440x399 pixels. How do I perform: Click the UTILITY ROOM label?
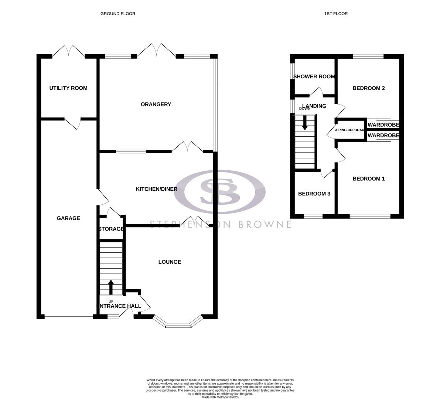pos(68,88)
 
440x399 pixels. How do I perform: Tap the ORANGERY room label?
pos(156,104)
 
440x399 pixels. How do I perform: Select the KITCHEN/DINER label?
pos(157,189)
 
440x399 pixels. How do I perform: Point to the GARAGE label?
pos(68,218)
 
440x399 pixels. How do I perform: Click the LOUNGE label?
pos(170,262)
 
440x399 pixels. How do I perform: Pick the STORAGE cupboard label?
pos(111,229)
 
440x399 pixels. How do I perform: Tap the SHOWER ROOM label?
pos(314,76)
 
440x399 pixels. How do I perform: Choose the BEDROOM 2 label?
pos(369,88)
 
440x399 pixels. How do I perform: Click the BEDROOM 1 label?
pos(369,179)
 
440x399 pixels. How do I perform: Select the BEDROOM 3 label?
pos(314,194)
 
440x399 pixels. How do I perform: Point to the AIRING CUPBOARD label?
pos(349,130)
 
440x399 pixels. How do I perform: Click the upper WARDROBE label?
pos(383,125)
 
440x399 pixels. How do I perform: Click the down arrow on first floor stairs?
pos(305,123)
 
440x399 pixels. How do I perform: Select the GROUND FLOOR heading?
pos(118,14)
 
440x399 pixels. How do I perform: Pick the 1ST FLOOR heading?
pos(336,14)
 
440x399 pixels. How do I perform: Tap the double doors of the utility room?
pos(68,51)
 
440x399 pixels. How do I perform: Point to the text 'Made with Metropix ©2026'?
pos(220,397)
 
